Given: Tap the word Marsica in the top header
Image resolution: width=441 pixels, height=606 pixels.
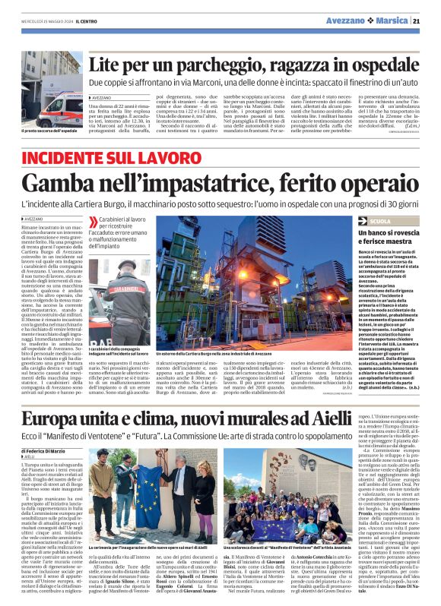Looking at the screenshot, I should pos(395,21).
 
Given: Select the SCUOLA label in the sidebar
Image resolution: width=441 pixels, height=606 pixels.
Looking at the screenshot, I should pos(380,220).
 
